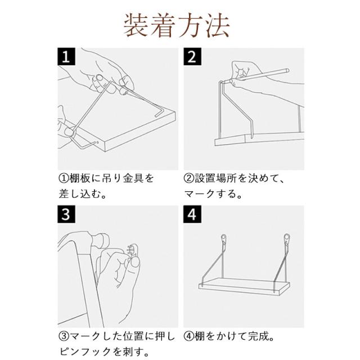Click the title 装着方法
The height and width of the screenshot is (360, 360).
coord(177,25)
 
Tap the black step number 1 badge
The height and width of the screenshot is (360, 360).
coord(66,56)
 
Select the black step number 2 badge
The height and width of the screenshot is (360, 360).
coord(192,56)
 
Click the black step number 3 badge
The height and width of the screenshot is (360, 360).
coord(66,214)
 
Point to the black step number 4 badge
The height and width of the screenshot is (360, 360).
coord(192,214)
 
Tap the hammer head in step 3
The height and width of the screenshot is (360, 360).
coord(100,241)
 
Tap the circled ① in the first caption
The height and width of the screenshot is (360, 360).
coord(64,178)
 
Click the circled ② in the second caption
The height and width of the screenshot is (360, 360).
coord(189,178)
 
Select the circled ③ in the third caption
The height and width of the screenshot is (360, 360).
coord(64,336)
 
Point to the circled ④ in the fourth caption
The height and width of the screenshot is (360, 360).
coord(189,336)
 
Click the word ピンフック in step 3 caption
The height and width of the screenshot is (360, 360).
coord(85,352)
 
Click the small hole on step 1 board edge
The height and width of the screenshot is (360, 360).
coord(97,142)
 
